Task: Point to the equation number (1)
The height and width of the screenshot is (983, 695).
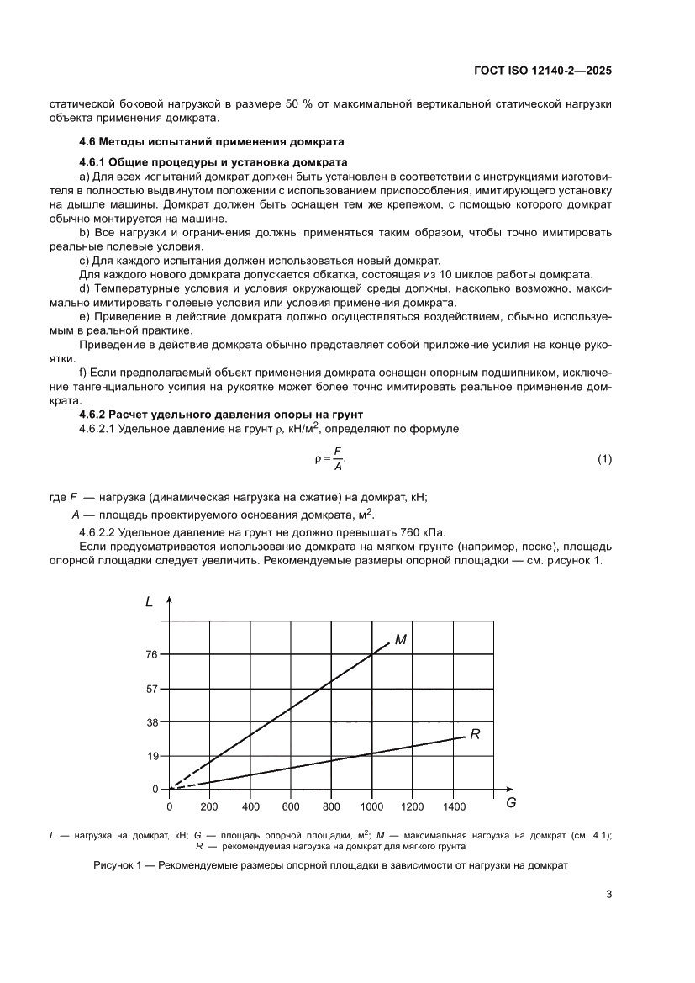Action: point(603,459)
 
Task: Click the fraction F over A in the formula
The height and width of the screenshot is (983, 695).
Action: point(338,459)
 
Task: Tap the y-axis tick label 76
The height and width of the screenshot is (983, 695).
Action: point(152,654)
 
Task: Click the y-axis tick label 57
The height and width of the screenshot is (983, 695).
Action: point(152,689)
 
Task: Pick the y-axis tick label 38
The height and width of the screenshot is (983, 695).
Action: point(152,722)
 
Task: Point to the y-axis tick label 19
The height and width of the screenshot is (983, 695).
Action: point(152,756)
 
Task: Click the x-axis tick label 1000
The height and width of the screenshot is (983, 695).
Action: point(371,806)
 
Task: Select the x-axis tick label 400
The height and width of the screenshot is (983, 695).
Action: point(250,806)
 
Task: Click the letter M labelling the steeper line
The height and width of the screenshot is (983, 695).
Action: point(401,640)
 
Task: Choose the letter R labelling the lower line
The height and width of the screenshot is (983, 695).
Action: point(475,734)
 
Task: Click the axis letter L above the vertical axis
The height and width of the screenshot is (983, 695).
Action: point(149,601)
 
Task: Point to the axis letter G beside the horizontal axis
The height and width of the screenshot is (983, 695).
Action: point(510,803)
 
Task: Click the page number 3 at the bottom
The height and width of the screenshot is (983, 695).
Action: point(608,894)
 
